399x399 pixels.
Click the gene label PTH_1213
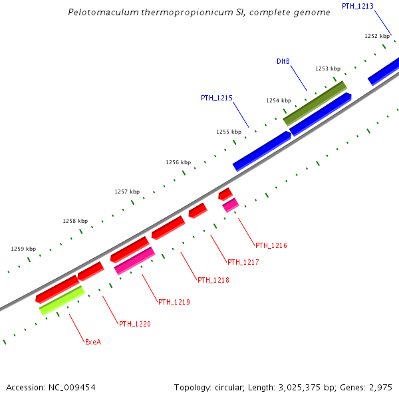coord(357,6)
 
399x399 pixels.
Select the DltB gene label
coord(283,61)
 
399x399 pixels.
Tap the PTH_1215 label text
coord(217,98)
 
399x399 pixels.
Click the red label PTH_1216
coord(271,245)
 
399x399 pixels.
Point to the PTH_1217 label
coord(243,262)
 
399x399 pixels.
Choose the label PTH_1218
coord(213,280)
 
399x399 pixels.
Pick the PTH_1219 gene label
coord(174,302)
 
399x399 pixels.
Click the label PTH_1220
coord(135,324)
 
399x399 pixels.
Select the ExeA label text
coord(93,342)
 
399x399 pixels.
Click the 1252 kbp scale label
coord(377,36)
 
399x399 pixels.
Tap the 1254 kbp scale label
coord(279,100)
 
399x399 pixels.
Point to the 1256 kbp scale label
coord(178,162)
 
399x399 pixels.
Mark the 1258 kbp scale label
coord(75,221)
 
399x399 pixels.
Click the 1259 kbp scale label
coord(23,249)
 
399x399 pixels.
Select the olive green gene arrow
coord(315,103)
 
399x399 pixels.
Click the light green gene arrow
coord(62,300)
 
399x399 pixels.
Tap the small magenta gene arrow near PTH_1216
coord(230,205)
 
